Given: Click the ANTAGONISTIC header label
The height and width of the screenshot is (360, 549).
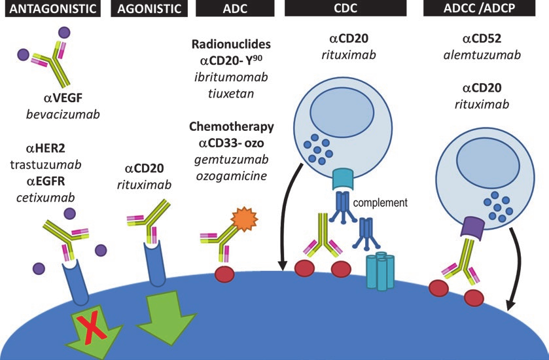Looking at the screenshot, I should pos(50,10).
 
